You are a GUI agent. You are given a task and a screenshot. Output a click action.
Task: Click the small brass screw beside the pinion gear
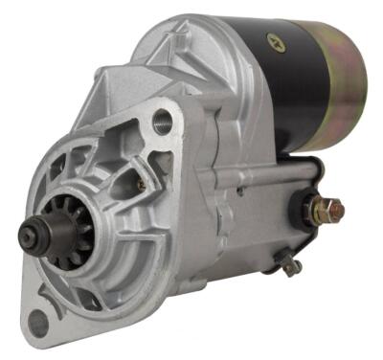[x=140, y=186]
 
